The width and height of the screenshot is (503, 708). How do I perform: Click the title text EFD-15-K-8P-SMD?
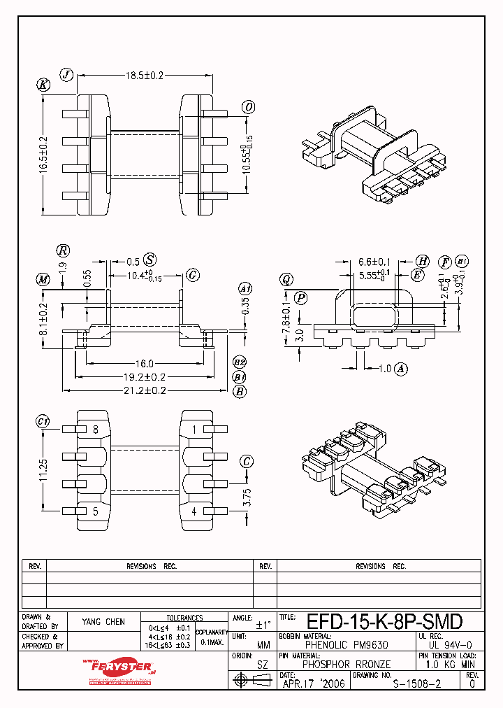tap(384, 622)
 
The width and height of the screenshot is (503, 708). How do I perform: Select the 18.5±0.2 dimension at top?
tap(144, 75)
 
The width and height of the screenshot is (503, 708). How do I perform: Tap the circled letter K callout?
tap(44, 85)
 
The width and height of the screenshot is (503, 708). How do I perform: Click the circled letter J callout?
tap(66, 75)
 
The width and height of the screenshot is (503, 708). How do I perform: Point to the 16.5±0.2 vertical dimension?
tap(43, 155)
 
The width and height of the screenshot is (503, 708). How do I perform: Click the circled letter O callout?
tap(247, 107)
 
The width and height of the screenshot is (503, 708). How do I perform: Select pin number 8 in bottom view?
tap(95, 429)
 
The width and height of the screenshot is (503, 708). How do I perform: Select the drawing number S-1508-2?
tap(416, 685)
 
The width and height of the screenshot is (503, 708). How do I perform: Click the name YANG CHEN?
tap(103, 622)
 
